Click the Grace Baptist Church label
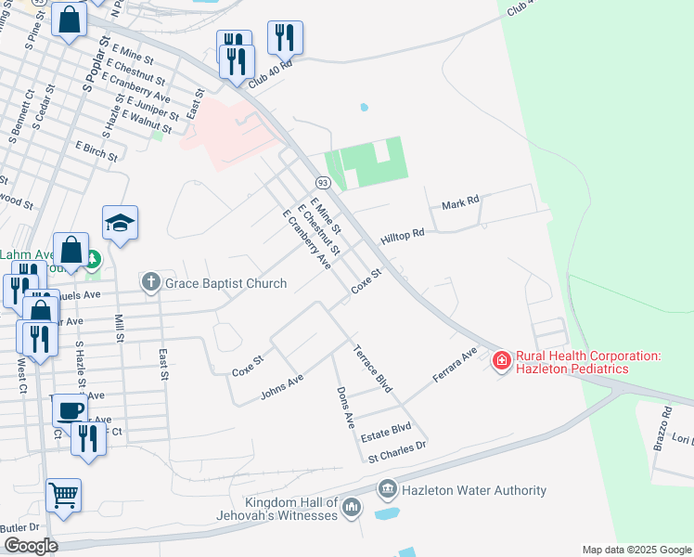point(226,282)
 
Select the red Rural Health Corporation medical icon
point(501,359)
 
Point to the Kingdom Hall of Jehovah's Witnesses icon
point(351,507)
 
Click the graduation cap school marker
point(121,223)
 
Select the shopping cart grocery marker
point(63,495)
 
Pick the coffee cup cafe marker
point(70,409)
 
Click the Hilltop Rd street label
point(402,236)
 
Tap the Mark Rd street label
point(460,202)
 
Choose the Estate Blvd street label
point(388,429)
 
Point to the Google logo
point(31,545)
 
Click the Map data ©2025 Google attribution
point(636,550)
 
